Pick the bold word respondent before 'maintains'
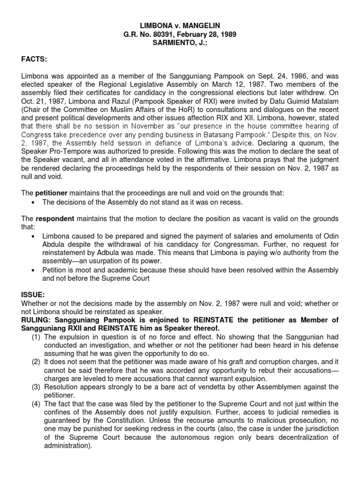point(55,218)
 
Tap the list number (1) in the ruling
point(36,337)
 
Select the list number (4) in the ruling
point(36,404)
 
